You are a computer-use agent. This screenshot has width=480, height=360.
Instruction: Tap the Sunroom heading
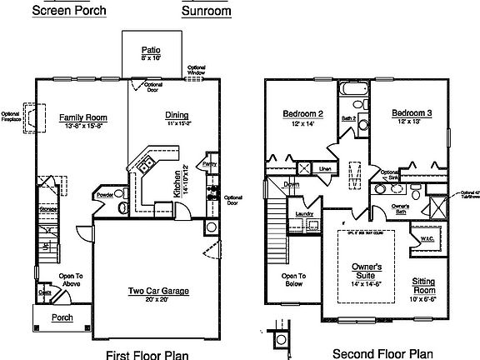[x=207, y=12]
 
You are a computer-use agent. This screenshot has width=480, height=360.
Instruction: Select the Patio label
[x=151, y=51]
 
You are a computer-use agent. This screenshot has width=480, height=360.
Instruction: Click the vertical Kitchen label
[x=176, y=186]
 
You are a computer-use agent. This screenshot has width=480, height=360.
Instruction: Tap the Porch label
[x=61, y=317]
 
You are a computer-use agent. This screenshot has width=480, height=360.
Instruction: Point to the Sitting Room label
[x=429, y=286]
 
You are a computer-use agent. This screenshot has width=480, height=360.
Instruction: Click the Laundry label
[x=304, y=214]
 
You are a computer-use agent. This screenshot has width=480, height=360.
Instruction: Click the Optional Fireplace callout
[x=11, y=117]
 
